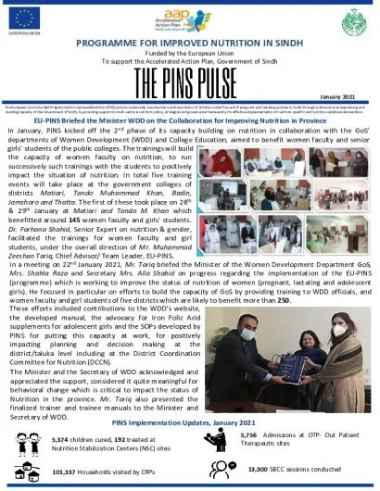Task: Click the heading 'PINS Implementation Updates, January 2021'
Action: coord(189,422)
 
